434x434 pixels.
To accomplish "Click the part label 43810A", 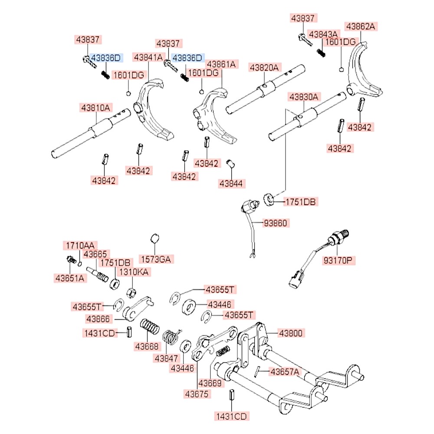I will coord(95,107).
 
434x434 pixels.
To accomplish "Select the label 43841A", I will coord(148,57).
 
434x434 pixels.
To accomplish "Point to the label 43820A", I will coord(265,67).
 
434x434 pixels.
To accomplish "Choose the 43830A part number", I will coord(304,97).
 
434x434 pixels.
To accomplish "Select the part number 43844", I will coord(232,183).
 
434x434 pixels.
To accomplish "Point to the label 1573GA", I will coord(156,260).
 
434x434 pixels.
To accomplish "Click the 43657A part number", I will coord(285,372).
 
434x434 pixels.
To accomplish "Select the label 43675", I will coord(197,394).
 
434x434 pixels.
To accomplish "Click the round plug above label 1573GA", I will coord(154,238).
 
